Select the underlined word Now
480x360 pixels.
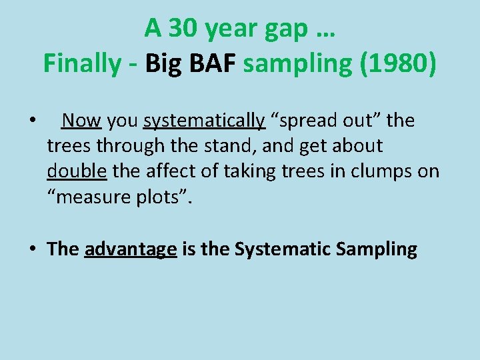point(81,121)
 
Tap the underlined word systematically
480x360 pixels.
point(204,121)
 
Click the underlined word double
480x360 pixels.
point(77,171)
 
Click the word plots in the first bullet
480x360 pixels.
point(164,197)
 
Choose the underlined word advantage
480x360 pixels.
point(131,249)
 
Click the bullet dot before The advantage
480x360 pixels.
point(32,249)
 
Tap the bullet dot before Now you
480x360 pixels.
point(32,121)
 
